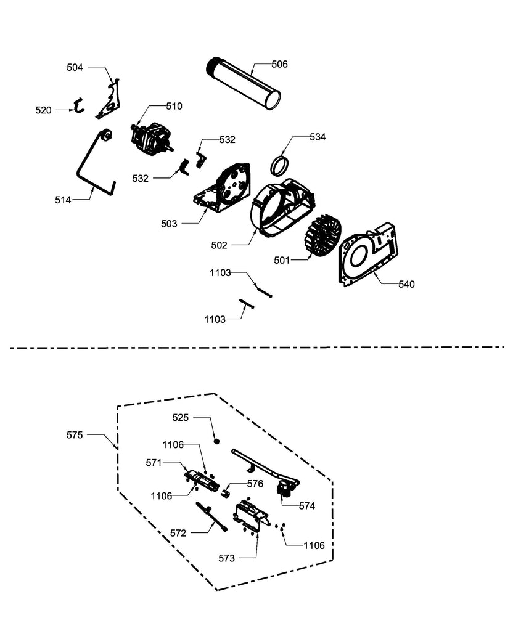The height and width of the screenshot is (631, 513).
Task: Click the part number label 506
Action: click(x=279, y=64)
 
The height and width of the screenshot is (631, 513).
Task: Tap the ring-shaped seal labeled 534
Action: click(x=281, y=166)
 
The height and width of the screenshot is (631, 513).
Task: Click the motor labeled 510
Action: click(x=150, y=137)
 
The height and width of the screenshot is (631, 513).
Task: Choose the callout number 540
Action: click(x=406, y=284)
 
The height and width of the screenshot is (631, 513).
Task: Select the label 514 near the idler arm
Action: click(x=62, y=200)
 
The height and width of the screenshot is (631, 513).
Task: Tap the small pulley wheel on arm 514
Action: click(x=105, y=134)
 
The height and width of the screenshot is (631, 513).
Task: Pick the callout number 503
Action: click(x=169, y=224)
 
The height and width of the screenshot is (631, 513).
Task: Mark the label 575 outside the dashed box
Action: click(x=75, y=434)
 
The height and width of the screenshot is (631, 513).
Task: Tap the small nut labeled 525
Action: click(x=217, y=441)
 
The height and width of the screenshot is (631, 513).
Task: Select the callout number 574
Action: click(x=306, y=506)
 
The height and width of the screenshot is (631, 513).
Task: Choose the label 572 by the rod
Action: click(x=178, y=533)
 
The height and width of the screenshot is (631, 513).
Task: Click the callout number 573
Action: click(x=226, y=558)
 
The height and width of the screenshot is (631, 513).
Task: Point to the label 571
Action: click(x=154, y=462)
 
